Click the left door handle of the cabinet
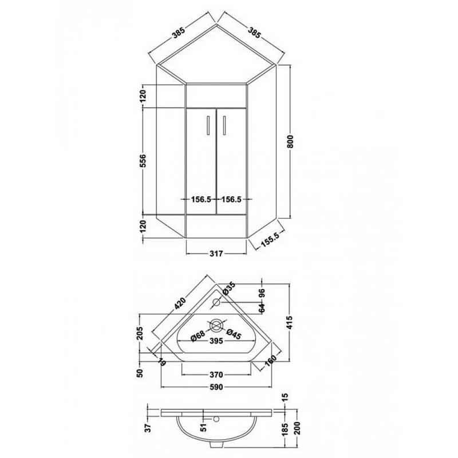coord(207,124)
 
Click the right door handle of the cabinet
coord(224,124)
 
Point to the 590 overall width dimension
coord(216,387)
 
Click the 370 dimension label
coord(216,374)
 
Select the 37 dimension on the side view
coord(147,427)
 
